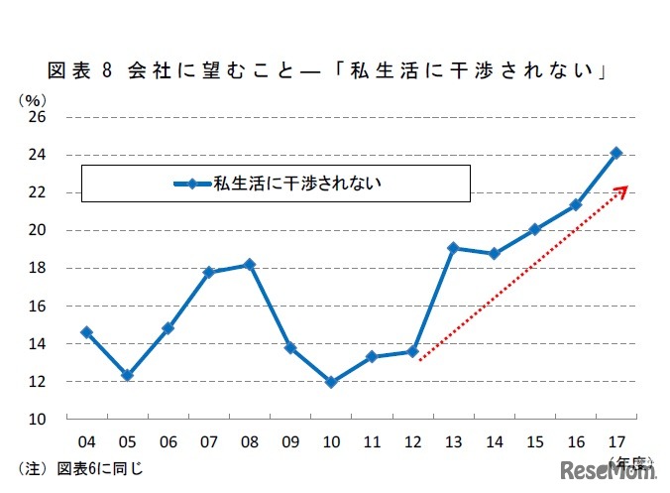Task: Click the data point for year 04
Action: pos(86,332)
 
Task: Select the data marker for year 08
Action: pos(249,264)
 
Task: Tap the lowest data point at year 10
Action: pos(330,381)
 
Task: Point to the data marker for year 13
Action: pos(452,248)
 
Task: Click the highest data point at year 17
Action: pos(615,153)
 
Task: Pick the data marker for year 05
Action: pos(127,375)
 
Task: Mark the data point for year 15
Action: pos(534,229)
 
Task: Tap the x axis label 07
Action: pos(208,439)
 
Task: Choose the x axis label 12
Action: pos(412,439)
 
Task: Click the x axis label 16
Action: pos(575,439)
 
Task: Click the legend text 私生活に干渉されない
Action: pos(297,183)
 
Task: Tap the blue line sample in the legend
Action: pos(193,183)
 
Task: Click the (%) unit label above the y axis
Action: pos(31,99)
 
